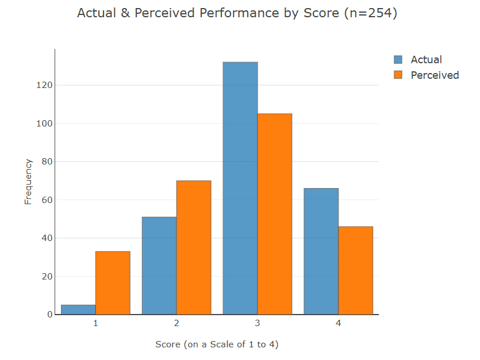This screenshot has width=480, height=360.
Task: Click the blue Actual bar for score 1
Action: pyautogui.click(x=78, y=310)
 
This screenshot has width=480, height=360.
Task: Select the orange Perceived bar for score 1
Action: pyautogui.click(x=113, y=283)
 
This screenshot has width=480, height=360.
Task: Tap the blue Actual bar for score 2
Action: pyautogui.click(x=159, y=266)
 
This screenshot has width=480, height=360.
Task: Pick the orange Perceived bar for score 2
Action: pyautogui.click(x=194, y=247)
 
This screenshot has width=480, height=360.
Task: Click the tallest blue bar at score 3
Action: pyautogui.click(x=240, y=188)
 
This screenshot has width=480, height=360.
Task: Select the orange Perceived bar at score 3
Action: pyautogui.click(x=275, y=214)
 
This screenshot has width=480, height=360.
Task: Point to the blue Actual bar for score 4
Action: pyautogui.click(x=321, y=251)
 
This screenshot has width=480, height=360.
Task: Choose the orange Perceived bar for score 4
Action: pyautogui.click(x=355, y=270)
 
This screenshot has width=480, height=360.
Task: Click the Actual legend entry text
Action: pyautogui.click(x=426, y=60)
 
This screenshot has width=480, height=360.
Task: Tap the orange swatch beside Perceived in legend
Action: pyautogui.click(x=398, y=75)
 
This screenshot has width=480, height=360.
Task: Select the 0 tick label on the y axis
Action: pyautogui.click(x=50, y=315)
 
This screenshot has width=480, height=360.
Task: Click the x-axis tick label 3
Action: pyautogui.click(x=258, y=324)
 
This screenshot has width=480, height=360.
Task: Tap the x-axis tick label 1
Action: pyautogui.click(x=95, y=324)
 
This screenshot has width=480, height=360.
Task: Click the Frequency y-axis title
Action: pyautogui.click(x=28, y=182)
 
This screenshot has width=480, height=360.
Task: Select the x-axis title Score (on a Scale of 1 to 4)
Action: pyautogui.click(x=217, y=344)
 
